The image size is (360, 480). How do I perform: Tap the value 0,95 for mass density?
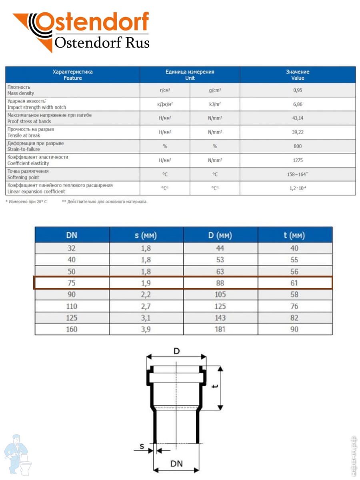pos(298,90)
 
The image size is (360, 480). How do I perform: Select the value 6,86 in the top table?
pos(298,104)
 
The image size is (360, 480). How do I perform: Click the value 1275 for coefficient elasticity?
pos(298,160)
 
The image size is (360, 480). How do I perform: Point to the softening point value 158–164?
pos(298,174)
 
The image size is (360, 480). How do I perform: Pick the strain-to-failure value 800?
pos(298,146)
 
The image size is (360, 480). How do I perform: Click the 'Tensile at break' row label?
pos(24,136)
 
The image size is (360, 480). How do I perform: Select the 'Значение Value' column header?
pos(298,75)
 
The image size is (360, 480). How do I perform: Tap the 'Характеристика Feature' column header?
pos(72,75)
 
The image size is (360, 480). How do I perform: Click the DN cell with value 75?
pos(72,283)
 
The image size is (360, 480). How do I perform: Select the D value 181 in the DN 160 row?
pos(220,330)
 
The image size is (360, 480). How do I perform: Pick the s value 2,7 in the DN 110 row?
pos(146,306)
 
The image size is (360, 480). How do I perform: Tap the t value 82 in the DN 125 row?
pos(294,318)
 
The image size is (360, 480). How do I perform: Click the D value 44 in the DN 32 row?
pos(220,248)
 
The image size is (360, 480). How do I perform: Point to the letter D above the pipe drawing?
pos(176,351)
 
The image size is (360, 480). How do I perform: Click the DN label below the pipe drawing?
pos(176,464)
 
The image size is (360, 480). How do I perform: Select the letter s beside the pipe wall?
pos(142,446)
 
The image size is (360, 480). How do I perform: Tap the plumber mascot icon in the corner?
pos(18,454)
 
